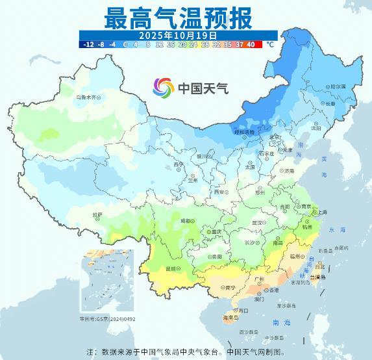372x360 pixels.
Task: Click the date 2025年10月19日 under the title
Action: (x=178, y=35)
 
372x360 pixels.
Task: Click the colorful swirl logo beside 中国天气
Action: (x=163, y=87)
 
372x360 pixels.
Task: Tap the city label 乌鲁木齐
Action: (x=88, y=97)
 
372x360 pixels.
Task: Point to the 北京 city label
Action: (x=275, y=137)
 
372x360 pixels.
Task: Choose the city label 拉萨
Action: (x=97, y=214)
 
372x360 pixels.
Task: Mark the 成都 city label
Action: (x=186, y=221)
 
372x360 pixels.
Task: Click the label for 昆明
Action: (x=171, y=268)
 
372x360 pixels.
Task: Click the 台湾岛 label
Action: (x=319, y=276)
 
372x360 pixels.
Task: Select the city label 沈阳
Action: (x=316, y=128)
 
